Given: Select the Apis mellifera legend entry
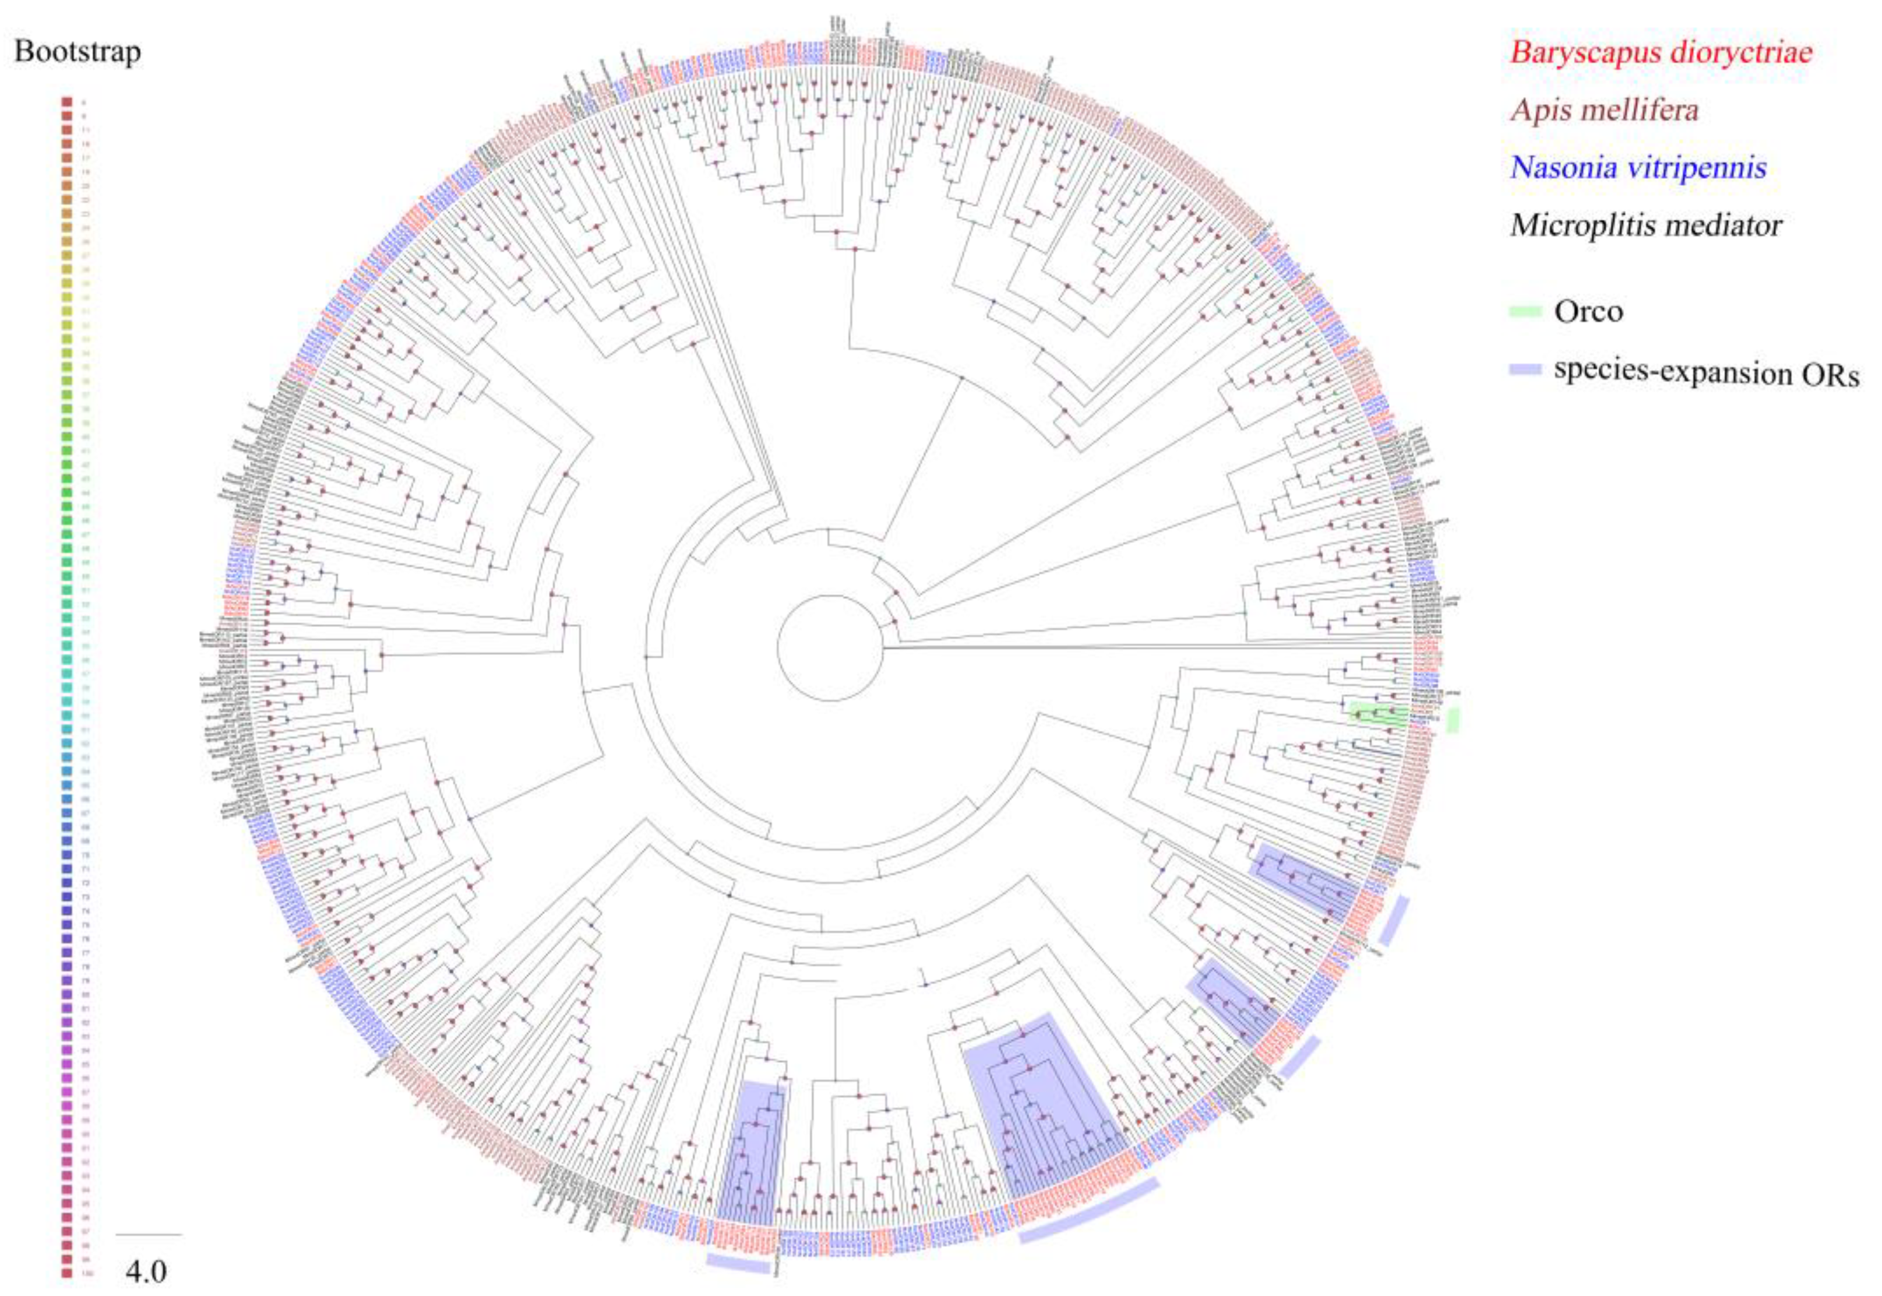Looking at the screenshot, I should click(x=1603, y=109).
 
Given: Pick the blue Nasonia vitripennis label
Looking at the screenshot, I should click(x=1638, y=167).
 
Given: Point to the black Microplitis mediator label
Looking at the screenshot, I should click(x=1646, y=225).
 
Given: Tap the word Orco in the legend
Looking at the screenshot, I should click(x=1588, y=311).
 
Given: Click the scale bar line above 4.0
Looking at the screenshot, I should click(x=149, y=1235).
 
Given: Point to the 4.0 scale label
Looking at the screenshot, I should click(x=146, y=1270).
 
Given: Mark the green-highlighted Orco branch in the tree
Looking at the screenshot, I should click(x=1377, y=716).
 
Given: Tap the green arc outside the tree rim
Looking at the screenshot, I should click(x=1453, y=720).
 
